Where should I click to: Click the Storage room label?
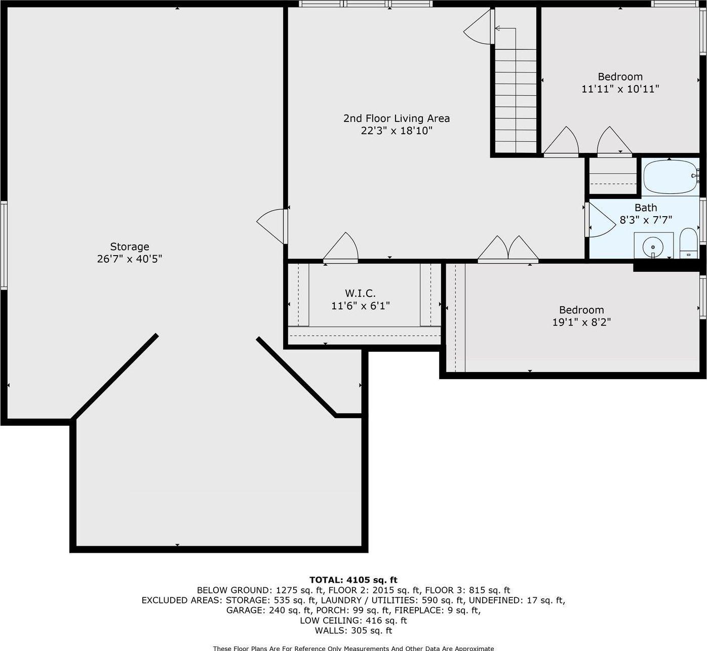(130, 247)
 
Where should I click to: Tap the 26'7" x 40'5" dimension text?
(130, 259)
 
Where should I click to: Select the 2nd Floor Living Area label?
(397, 118)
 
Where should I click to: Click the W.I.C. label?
(361, 293)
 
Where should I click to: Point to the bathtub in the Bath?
(670, 177)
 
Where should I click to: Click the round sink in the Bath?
(653, 247)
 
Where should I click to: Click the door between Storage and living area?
(272, 226)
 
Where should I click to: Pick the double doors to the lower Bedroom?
(508, 250)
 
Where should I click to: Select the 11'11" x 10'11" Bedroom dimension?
(620, 90)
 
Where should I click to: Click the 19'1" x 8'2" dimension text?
(581, 322)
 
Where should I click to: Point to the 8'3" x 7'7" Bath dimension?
(646, 220)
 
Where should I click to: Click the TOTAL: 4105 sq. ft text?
(354, 580)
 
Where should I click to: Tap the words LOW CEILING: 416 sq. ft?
(354, 621)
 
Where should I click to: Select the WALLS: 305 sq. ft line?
(354, 631)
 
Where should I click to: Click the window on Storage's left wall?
(4, 246)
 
